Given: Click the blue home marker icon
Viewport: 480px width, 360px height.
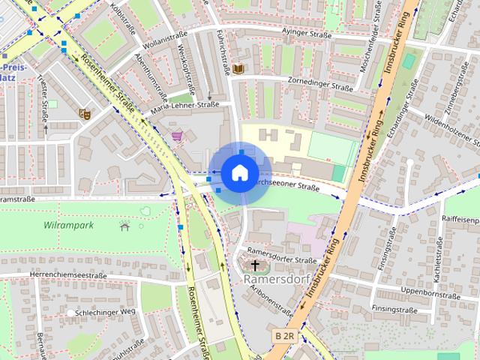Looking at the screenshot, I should coord(238,173).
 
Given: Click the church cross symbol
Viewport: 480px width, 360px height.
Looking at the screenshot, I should coord(255,265).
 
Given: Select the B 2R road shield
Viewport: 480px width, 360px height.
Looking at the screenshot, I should coord(284,336).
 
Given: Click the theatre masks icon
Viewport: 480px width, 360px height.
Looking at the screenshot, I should coord(85,114).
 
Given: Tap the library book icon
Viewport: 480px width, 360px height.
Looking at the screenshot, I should coord(238,69).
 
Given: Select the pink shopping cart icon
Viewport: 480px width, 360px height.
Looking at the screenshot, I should coord(177,136).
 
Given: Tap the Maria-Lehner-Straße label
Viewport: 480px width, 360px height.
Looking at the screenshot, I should coord(184,106).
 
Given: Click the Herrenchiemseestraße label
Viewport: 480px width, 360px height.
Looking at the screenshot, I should coord(67,275).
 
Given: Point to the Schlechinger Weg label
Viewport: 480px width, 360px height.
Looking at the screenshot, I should coord(106,311).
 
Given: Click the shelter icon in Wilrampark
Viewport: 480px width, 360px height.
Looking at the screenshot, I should coord(124,225).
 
